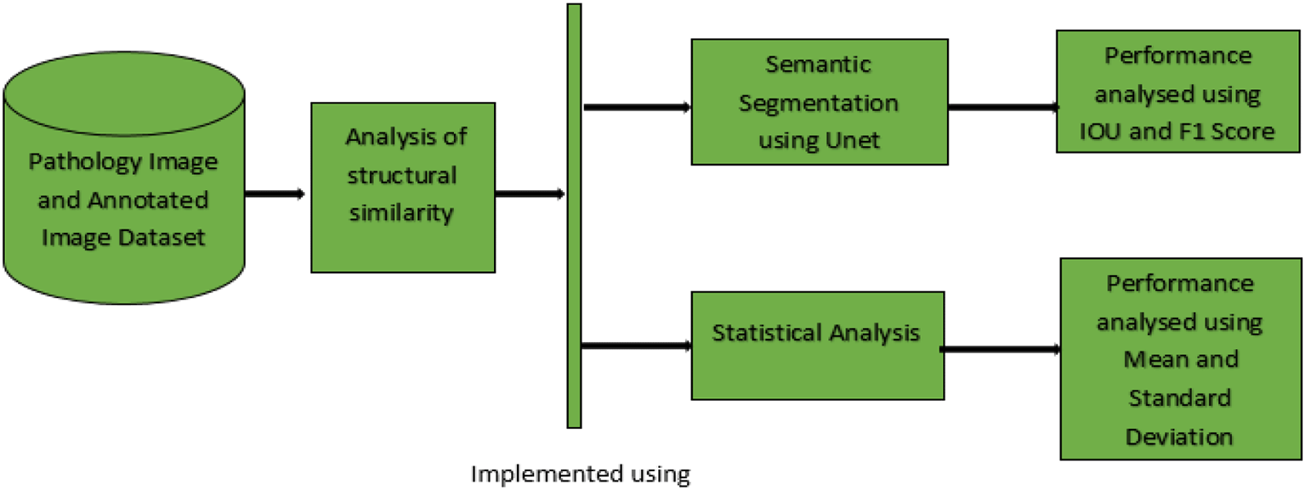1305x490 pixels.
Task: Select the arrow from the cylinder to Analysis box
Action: point(275,194)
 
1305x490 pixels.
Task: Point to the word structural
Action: point(403,175)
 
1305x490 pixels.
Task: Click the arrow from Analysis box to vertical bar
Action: point(529,194)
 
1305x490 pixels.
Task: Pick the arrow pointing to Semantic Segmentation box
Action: point(636,107)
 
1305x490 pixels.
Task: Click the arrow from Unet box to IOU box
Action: point(1001,108)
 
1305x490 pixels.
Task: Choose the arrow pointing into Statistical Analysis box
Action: point(636,346)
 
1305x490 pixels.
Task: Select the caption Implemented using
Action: point(581,474)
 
